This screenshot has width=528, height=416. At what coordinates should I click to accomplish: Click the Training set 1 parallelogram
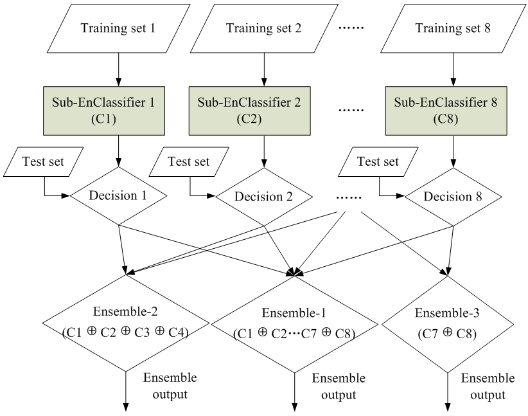(x=119, y=28)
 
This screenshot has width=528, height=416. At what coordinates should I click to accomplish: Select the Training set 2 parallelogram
(x=264, y=28)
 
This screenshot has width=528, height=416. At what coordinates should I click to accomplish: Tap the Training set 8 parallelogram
(x=453, y=28)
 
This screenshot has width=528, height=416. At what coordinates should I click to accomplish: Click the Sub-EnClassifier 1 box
(x=104, y=111)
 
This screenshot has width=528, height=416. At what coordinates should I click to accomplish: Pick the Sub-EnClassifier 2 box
(x=249, y=111)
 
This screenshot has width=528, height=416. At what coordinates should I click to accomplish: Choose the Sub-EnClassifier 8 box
(x=446, y=111)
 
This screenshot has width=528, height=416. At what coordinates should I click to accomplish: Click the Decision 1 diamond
(x=119, y=195)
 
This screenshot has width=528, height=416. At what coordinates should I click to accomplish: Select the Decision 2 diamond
(x=264, y=197)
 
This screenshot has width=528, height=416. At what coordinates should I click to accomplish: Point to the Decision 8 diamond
(x=453, y=197)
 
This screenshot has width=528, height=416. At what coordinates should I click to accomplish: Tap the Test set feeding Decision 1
(x=44, y=161)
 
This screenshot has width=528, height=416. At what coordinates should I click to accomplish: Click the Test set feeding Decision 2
(x=189, y=161)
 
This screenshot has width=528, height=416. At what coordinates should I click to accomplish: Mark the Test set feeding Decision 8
(x=378, y=161)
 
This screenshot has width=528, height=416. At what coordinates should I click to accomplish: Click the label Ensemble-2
(x=125, y=311)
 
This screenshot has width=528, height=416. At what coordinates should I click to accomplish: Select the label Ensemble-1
(x=294, y=313)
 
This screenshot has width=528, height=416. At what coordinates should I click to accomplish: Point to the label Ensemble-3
(x=447, y=313)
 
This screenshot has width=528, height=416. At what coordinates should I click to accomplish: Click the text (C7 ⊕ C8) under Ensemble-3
(x=447, y=334)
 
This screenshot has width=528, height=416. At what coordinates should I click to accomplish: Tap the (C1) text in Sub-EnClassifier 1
(x=103, y=119)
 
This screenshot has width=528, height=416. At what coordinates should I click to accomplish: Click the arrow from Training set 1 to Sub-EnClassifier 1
(x=119, y=69)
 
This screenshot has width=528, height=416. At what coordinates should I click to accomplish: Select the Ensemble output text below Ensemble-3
(x=488, y=386)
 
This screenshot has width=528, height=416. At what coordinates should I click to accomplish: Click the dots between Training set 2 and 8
(x=351, y=28)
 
